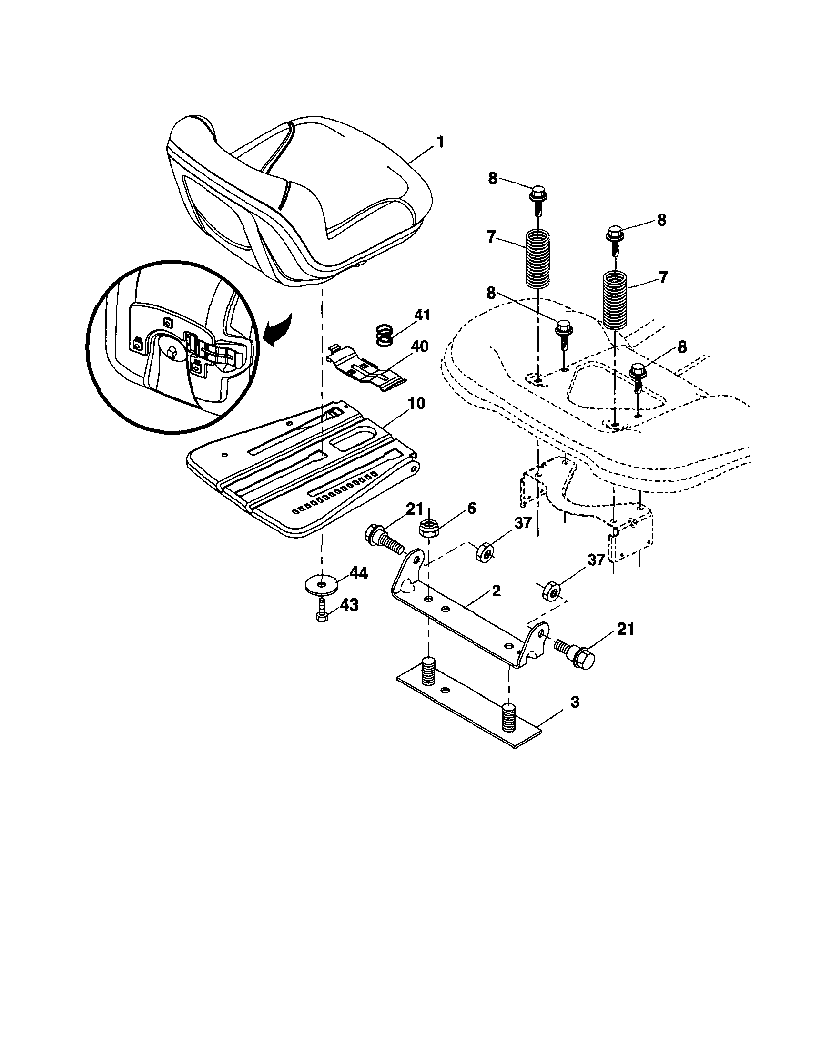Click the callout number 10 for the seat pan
[x=416, y=403]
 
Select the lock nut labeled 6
[x=428, y=527]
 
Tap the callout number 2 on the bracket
[x=496, y=591]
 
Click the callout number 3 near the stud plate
[x=574, y=702]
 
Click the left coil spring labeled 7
[x=538, y=259]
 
